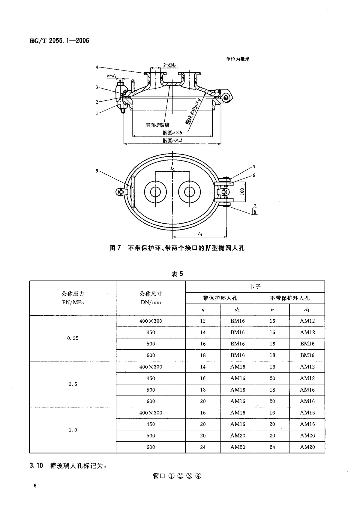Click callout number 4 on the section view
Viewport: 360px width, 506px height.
tap(97, 67)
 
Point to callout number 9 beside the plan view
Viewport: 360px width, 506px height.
tap(97, 170)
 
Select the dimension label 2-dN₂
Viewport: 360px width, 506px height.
tap(169, 65)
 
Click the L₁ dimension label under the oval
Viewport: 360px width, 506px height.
tap(200, 233)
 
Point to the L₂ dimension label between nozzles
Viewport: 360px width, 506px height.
tap(172, 169)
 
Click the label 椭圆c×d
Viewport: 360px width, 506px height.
tap(172, 140)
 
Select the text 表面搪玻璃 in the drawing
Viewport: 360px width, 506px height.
tap(157, 125)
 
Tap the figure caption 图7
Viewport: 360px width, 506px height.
tap(115, 248)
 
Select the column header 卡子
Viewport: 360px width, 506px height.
tap(255, 287)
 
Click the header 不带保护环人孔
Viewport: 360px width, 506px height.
tap(289, 298)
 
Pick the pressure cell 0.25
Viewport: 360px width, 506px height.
tap(73, 338)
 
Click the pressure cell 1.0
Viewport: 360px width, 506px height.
tap(73, 430)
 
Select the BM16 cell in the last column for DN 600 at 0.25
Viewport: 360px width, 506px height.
tap(307, 355)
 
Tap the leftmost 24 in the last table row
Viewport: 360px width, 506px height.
tap(203, 447)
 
